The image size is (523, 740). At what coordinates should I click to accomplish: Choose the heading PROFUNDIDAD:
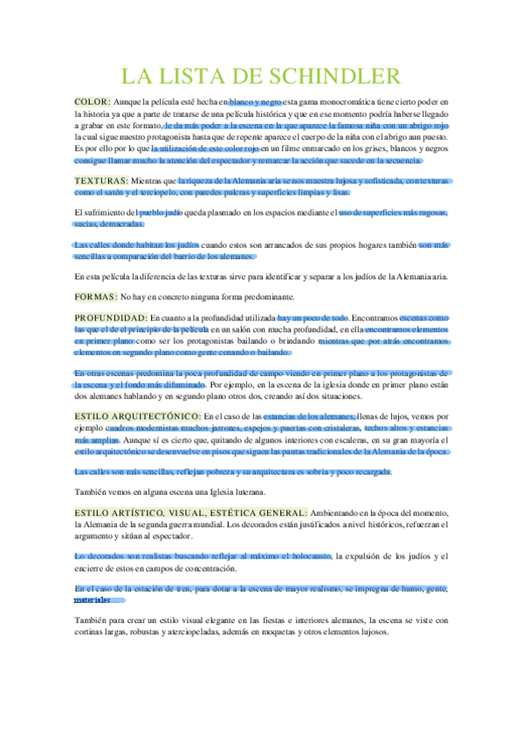point(111,319)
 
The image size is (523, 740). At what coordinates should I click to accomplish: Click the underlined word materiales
point(93,600)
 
